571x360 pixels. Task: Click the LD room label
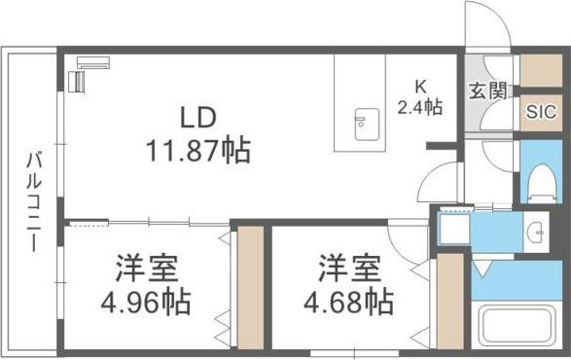[198, 118]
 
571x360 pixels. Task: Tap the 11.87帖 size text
[198, 150]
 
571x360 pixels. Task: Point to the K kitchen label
[420, 87]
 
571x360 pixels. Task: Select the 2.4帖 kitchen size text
[420, 107]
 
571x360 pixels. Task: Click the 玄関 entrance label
[487, 90]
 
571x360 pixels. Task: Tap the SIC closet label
[541, 112]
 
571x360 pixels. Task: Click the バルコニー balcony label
[33, 202]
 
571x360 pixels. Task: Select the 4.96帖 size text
[146, 303]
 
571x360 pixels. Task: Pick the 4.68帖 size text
[348, 302]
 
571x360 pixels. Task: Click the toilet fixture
[542, 183]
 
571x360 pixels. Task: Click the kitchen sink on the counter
[367, 125]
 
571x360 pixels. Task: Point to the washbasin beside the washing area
[535, 232]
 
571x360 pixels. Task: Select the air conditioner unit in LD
[93, 62]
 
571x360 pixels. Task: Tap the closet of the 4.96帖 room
[251, 287]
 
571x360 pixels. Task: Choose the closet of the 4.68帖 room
[450, 301]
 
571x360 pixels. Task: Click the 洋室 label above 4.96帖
[146, 269]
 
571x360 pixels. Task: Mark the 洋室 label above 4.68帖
[349, 269]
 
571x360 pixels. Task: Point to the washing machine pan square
[454, 229]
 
